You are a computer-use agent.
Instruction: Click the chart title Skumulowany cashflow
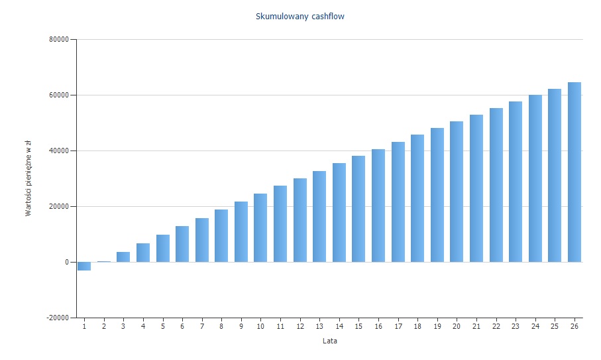point(300,16)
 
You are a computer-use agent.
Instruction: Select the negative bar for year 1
point(84,266)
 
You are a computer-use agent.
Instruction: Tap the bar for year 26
point(574,172)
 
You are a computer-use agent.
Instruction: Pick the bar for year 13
point(319,216)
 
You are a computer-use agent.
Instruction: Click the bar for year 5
point(162,248)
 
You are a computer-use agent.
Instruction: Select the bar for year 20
point(457,192)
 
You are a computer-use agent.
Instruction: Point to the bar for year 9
point(241,231)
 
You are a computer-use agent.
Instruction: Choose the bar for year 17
point(398,202)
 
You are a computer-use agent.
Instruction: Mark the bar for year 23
point(516,182)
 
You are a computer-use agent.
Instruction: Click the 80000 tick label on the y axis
point(60,39)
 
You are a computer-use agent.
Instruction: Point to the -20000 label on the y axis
point(58,318)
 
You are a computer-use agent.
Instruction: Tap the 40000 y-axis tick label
point(60,150)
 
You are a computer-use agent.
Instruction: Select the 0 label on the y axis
point(66,262)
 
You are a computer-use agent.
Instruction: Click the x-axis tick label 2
point(103,327)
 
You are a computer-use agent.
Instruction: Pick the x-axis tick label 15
point(358,327)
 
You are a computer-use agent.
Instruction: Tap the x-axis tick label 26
point(574,327)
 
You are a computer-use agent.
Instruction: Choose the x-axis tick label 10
point(260,327)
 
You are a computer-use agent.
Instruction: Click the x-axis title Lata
point(329,341)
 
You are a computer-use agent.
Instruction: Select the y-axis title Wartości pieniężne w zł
point(28,179)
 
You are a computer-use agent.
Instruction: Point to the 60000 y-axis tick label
point(60,95)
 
